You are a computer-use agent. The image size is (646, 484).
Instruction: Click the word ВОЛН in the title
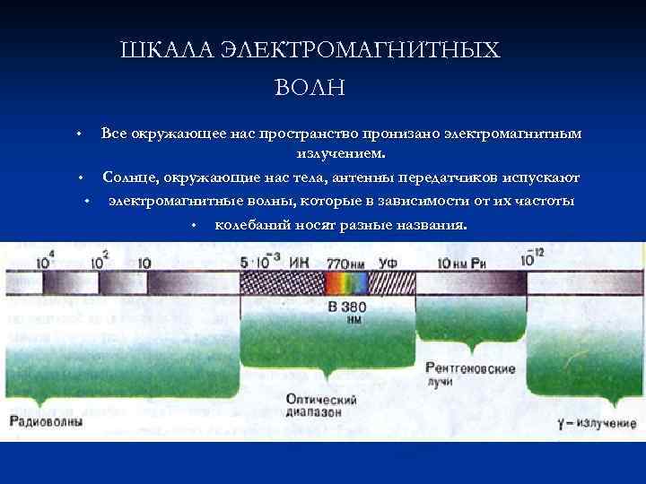tap(310, 88)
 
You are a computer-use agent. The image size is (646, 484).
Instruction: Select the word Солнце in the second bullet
tap(131, 177)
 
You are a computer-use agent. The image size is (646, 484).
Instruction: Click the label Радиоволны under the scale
tap(47, 420)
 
